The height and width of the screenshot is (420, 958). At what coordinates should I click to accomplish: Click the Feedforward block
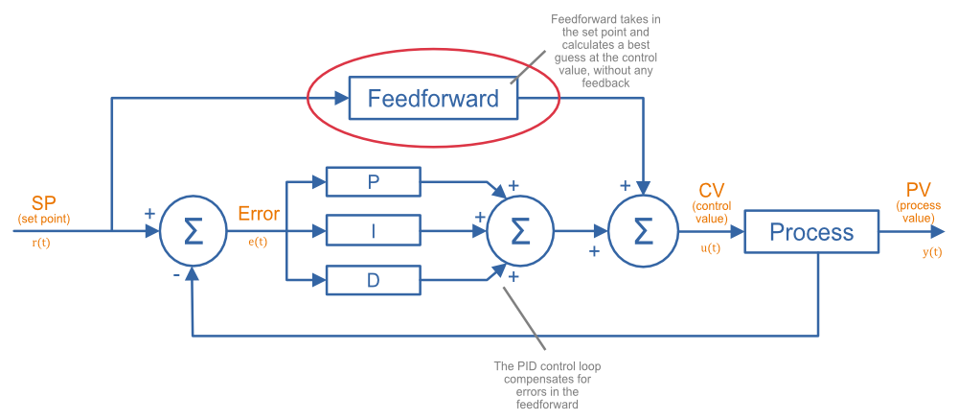point(433,98)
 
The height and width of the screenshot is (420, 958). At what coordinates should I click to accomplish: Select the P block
point(374,181)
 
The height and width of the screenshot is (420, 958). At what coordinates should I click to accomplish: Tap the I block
point(374,230)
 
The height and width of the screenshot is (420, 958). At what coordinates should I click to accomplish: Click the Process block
point(811,232)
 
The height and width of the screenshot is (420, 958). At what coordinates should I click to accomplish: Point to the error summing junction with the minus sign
point(193,231)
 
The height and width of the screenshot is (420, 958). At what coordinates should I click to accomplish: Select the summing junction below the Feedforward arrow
point(644,231)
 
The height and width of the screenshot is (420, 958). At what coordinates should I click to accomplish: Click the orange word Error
point(259,214)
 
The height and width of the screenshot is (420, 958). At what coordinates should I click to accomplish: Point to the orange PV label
point(918,189)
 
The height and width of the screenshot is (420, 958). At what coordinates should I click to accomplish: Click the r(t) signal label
point(42,243)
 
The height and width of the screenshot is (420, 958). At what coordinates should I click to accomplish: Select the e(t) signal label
point(258,242)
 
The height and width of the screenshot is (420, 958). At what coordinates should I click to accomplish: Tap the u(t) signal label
point(709,246)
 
